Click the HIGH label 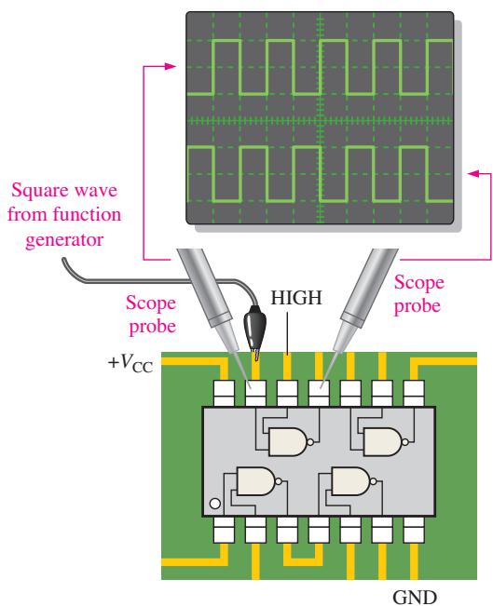coord(296,298)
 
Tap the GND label coord(415,597)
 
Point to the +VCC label coord(130,363)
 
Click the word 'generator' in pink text coord(64,239)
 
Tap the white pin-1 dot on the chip coord(214,504)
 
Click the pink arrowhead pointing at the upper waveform coord(171,66)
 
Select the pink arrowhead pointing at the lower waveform coord(474,173)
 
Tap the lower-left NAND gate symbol coord(258,481)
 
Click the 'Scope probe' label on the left coord(151,315)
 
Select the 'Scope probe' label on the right coord(418,294)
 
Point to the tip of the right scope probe coord(321,386)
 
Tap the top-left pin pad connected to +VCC coord(224,393)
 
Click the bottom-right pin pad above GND coord(414,530)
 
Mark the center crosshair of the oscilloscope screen coord(320,121)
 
